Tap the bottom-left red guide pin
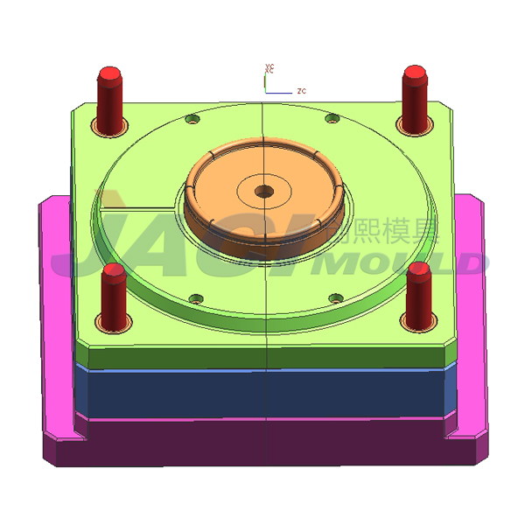[x=112, y=293]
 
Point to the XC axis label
[x=271, y=68]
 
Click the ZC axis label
[x=300, y=90]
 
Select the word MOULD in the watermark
[x=402, y=262]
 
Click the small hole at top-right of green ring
[x=331, y=118]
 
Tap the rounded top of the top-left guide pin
[x=109, y=73]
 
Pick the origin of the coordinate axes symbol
[x=265, y=90]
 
